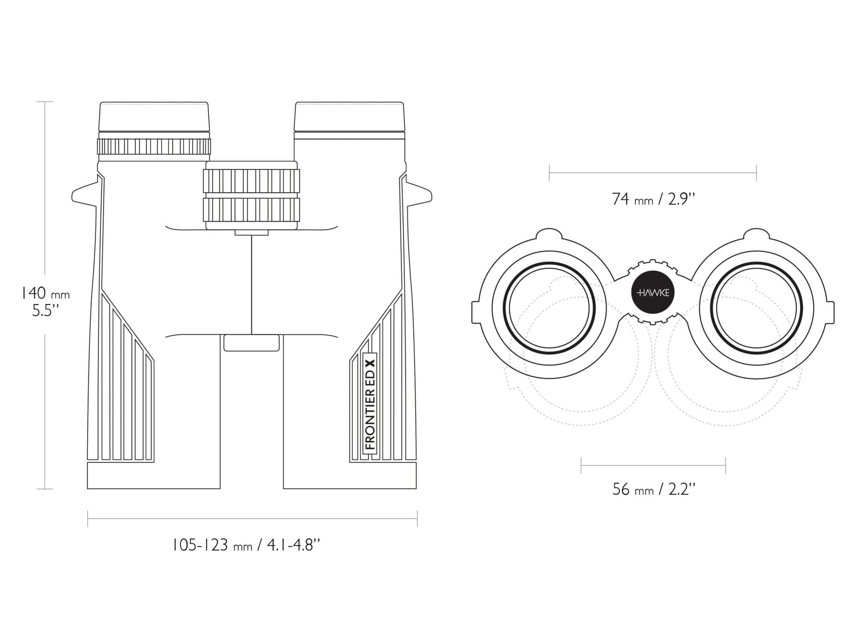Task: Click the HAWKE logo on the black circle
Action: click(x=653, y=293)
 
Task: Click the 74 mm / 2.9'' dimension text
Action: click(x=653, y=199)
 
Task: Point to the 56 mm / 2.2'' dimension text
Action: click(x=653, y=490)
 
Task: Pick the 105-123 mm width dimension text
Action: click(x=246, y=546)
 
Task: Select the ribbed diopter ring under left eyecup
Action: click(x=154, y=147)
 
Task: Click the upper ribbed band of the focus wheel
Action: click(x=251, y=181)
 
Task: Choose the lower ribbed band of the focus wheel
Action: click(x=251, y=210)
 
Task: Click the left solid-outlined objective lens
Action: click(x=550, y=308)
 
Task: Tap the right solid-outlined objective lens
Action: click(x=756, y=308)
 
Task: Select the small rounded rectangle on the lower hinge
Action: click(x=251, y=343)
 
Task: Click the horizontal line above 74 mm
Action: click(x=653, y=173)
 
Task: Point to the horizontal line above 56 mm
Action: click(x=653, y=465)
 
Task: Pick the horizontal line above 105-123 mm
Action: click(x=252, y=519)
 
